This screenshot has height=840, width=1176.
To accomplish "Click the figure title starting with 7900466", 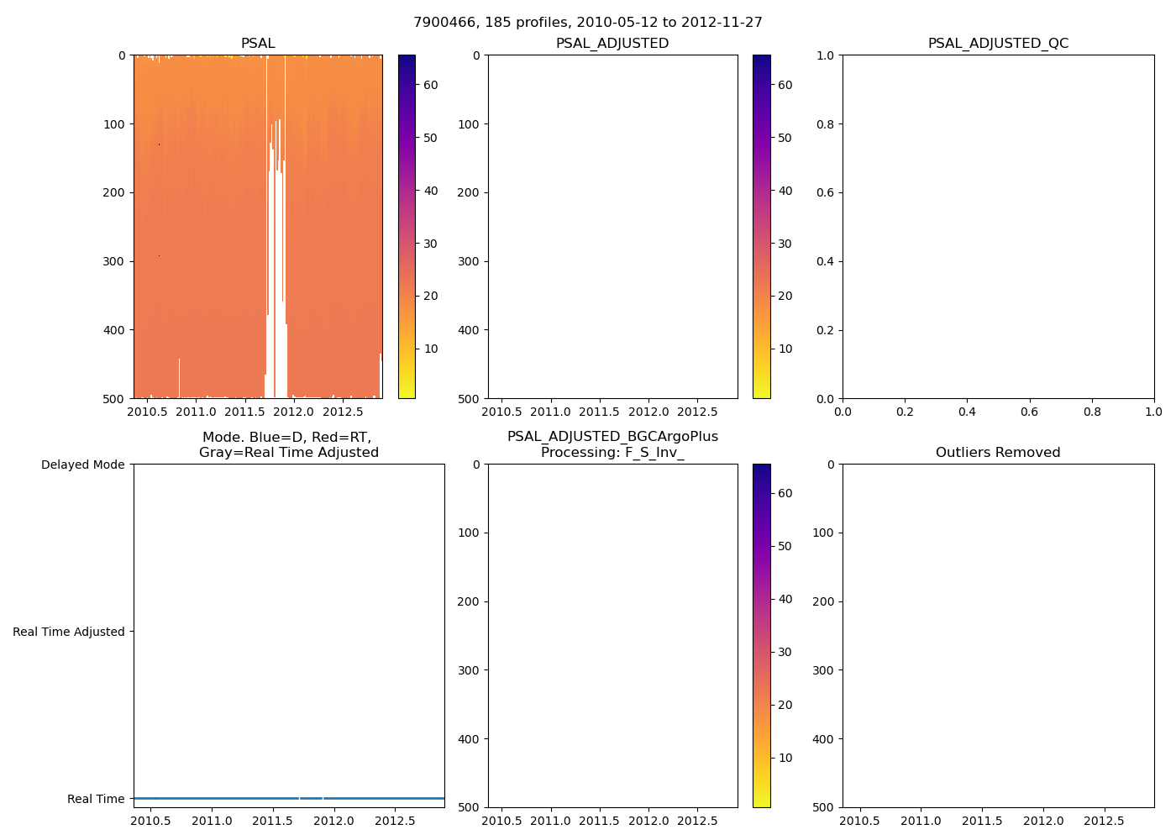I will coord(588,22).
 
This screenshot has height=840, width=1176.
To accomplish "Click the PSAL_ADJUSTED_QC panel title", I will coord(998,43).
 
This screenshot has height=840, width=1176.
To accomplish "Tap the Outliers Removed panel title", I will coord(998,452).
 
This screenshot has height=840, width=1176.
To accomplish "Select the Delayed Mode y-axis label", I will coord(82,465).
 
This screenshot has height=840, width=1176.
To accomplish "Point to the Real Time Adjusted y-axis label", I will coord(68,632).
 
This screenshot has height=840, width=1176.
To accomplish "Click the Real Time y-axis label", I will coord(96,799).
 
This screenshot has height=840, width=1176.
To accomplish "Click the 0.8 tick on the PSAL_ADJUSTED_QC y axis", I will coord(826,124).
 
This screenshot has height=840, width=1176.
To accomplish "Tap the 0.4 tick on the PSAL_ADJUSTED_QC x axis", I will coord(967,412).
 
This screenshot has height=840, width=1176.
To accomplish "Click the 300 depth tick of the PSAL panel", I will coord(114,261).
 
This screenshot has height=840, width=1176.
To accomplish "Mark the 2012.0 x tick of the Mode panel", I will coord(333,821).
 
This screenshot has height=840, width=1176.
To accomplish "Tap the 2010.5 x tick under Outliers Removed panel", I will coord(861,821).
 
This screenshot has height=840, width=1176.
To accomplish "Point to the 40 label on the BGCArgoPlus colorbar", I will coord(785,599).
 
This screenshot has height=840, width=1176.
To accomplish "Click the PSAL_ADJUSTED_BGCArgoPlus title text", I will coord(612,437).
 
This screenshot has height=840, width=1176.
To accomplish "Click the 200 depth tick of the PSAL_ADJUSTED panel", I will coord(469,192).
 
